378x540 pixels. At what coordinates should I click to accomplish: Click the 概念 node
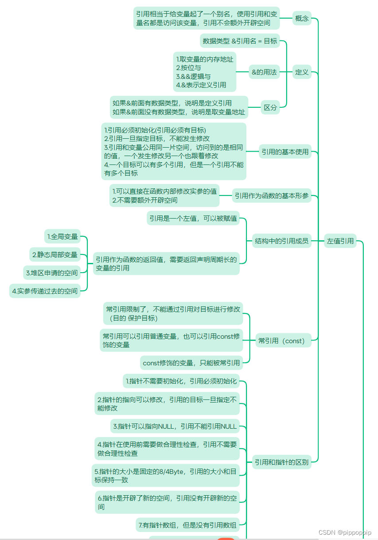click(302, 19)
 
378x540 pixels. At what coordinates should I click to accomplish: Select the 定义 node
click(302, 72)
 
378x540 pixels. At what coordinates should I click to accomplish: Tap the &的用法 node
click(264, 72)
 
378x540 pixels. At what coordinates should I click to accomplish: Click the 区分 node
click(270, 107)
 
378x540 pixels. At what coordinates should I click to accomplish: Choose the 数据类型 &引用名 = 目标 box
click(240, 41)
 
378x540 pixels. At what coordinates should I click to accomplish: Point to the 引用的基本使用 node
click(284, 152)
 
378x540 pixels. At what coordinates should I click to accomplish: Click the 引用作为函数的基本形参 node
click(272, 196)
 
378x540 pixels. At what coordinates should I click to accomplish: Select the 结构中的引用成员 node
click(281, 241)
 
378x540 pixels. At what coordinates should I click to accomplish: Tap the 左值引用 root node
click(340, 241)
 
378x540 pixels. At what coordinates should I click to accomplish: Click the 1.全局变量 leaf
click(62, 237)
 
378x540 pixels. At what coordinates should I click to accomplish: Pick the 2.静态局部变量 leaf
click(55, 255)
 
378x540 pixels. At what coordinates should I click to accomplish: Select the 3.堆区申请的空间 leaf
click(51, 273)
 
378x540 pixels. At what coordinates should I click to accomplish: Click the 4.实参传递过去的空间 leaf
click(45, 291)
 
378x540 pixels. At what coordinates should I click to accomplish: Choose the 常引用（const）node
click(282, 341)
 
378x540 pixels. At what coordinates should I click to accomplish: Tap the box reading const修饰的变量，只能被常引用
click(191, 363)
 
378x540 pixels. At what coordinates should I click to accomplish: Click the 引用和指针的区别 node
click(281, 462)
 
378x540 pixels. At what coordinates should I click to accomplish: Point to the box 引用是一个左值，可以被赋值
click(193, 218)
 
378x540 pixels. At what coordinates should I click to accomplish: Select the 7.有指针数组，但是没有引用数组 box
click(187, 525)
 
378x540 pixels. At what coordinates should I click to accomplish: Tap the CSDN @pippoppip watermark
click(345, 532)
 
